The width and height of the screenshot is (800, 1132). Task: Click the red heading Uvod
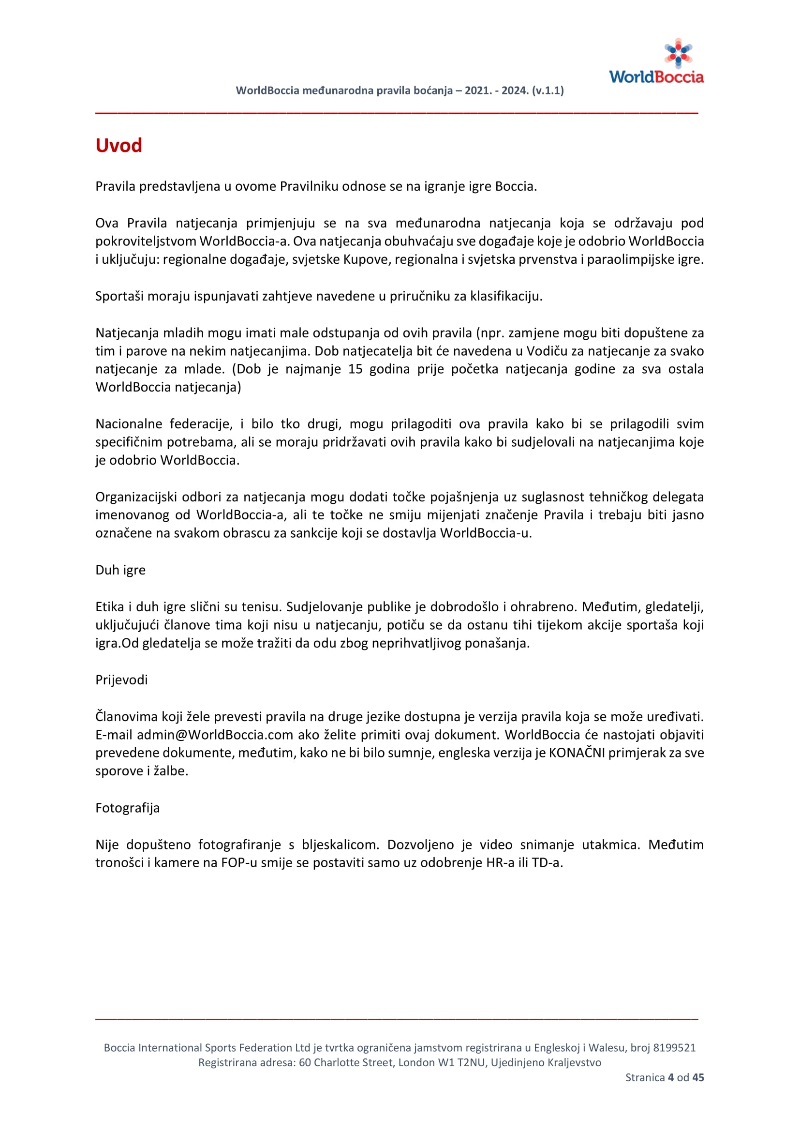pos(119,146)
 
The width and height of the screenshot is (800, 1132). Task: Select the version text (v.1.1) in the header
pos(548,91)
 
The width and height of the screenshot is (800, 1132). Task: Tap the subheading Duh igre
pos(120,570)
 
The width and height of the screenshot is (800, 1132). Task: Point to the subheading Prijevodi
pos(121,680)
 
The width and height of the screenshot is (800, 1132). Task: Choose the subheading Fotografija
pos(127,808)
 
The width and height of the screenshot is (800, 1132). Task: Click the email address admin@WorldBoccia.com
pos(215,735)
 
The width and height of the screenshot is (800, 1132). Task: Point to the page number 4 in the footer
pos(670,1077)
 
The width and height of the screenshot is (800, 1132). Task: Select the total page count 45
pos(698,1077)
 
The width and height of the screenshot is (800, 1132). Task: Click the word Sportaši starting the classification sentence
pos(119,296)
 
